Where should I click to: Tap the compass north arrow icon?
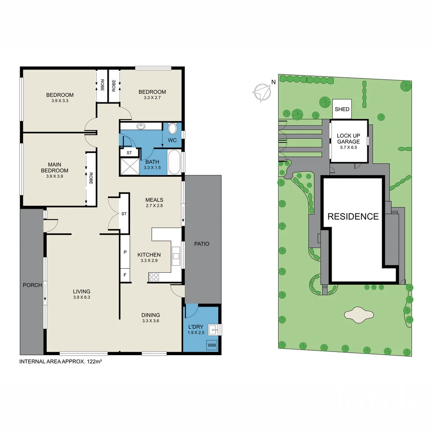[x=262, y=92]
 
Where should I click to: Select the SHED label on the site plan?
[x=342, y=109]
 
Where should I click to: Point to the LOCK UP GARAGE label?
[x=348, y=139]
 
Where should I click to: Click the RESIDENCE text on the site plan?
[x=353, y=217]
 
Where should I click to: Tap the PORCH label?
[x=32, y=285]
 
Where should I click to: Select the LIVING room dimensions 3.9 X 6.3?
[x=82, y=297]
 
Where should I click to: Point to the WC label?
[x=172, y=141]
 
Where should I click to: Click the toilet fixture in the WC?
[x=173, y=129]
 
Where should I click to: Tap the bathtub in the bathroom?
[x=174, y=162]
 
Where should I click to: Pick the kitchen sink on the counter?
[x=176, y=255]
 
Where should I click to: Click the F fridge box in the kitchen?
[x=125, y=275]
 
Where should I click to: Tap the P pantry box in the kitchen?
[x=125, y=252]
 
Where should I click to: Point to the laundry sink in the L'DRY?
[x=213, y=329]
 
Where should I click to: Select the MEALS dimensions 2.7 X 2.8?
[x=154, y=206]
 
